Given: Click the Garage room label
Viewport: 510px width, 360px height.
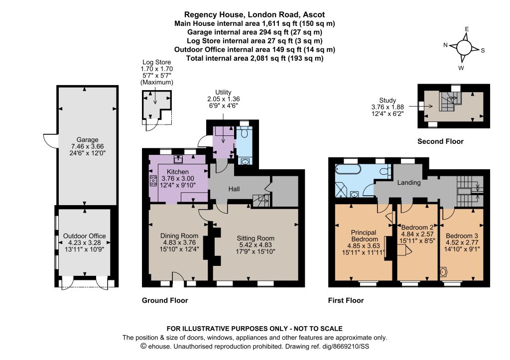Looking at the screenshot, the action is (87, 140).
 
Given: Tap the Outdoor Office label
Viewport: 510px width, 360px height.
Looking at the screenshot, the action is (84, 236).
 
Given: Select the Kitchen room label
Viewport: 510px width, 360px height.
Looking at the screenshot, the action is (178, 172).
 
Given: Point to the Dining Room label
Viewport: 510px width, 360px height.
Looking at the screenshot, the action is (179, 236).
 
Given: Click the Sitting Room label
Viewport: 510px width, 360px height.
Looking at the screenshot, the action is (255, 239).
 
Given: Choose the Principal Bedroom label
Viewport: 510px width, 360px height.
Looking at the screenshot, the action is (364, 236).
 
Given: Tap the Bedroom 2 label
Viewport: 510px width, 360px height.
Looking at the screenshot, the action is (417, 228).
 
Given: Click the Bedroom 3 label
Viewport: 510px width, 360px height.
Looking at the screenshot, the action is (462, 236).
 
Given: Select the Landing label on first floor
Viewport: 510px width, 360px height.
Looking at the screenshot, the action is (409, 183).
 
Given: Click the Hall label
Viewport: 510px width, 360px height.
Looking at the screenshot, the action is (234, 189).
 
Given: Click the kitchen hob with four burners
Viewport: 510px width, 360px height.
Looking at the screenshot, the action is (153, 180).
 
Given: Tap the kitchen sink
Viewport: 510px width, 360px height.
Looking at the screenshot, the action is (178, 159).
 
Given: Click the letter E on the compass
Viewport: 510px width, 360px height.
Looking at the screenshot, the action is (467, 29).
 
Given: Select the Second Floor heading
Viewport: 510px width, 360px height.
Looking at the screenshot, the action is (440, 141).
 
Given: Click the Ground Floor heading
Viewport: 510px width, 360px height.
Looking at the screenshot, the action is (165, 300).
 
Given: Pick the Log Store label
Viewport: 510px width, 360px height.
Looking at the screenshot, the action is (156, 62).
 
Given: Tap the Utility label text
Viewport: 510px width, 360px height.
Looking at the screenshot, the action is (223, 92).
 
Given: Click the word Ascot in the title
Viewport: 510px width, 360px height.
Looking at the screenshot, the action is (314, 14).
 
